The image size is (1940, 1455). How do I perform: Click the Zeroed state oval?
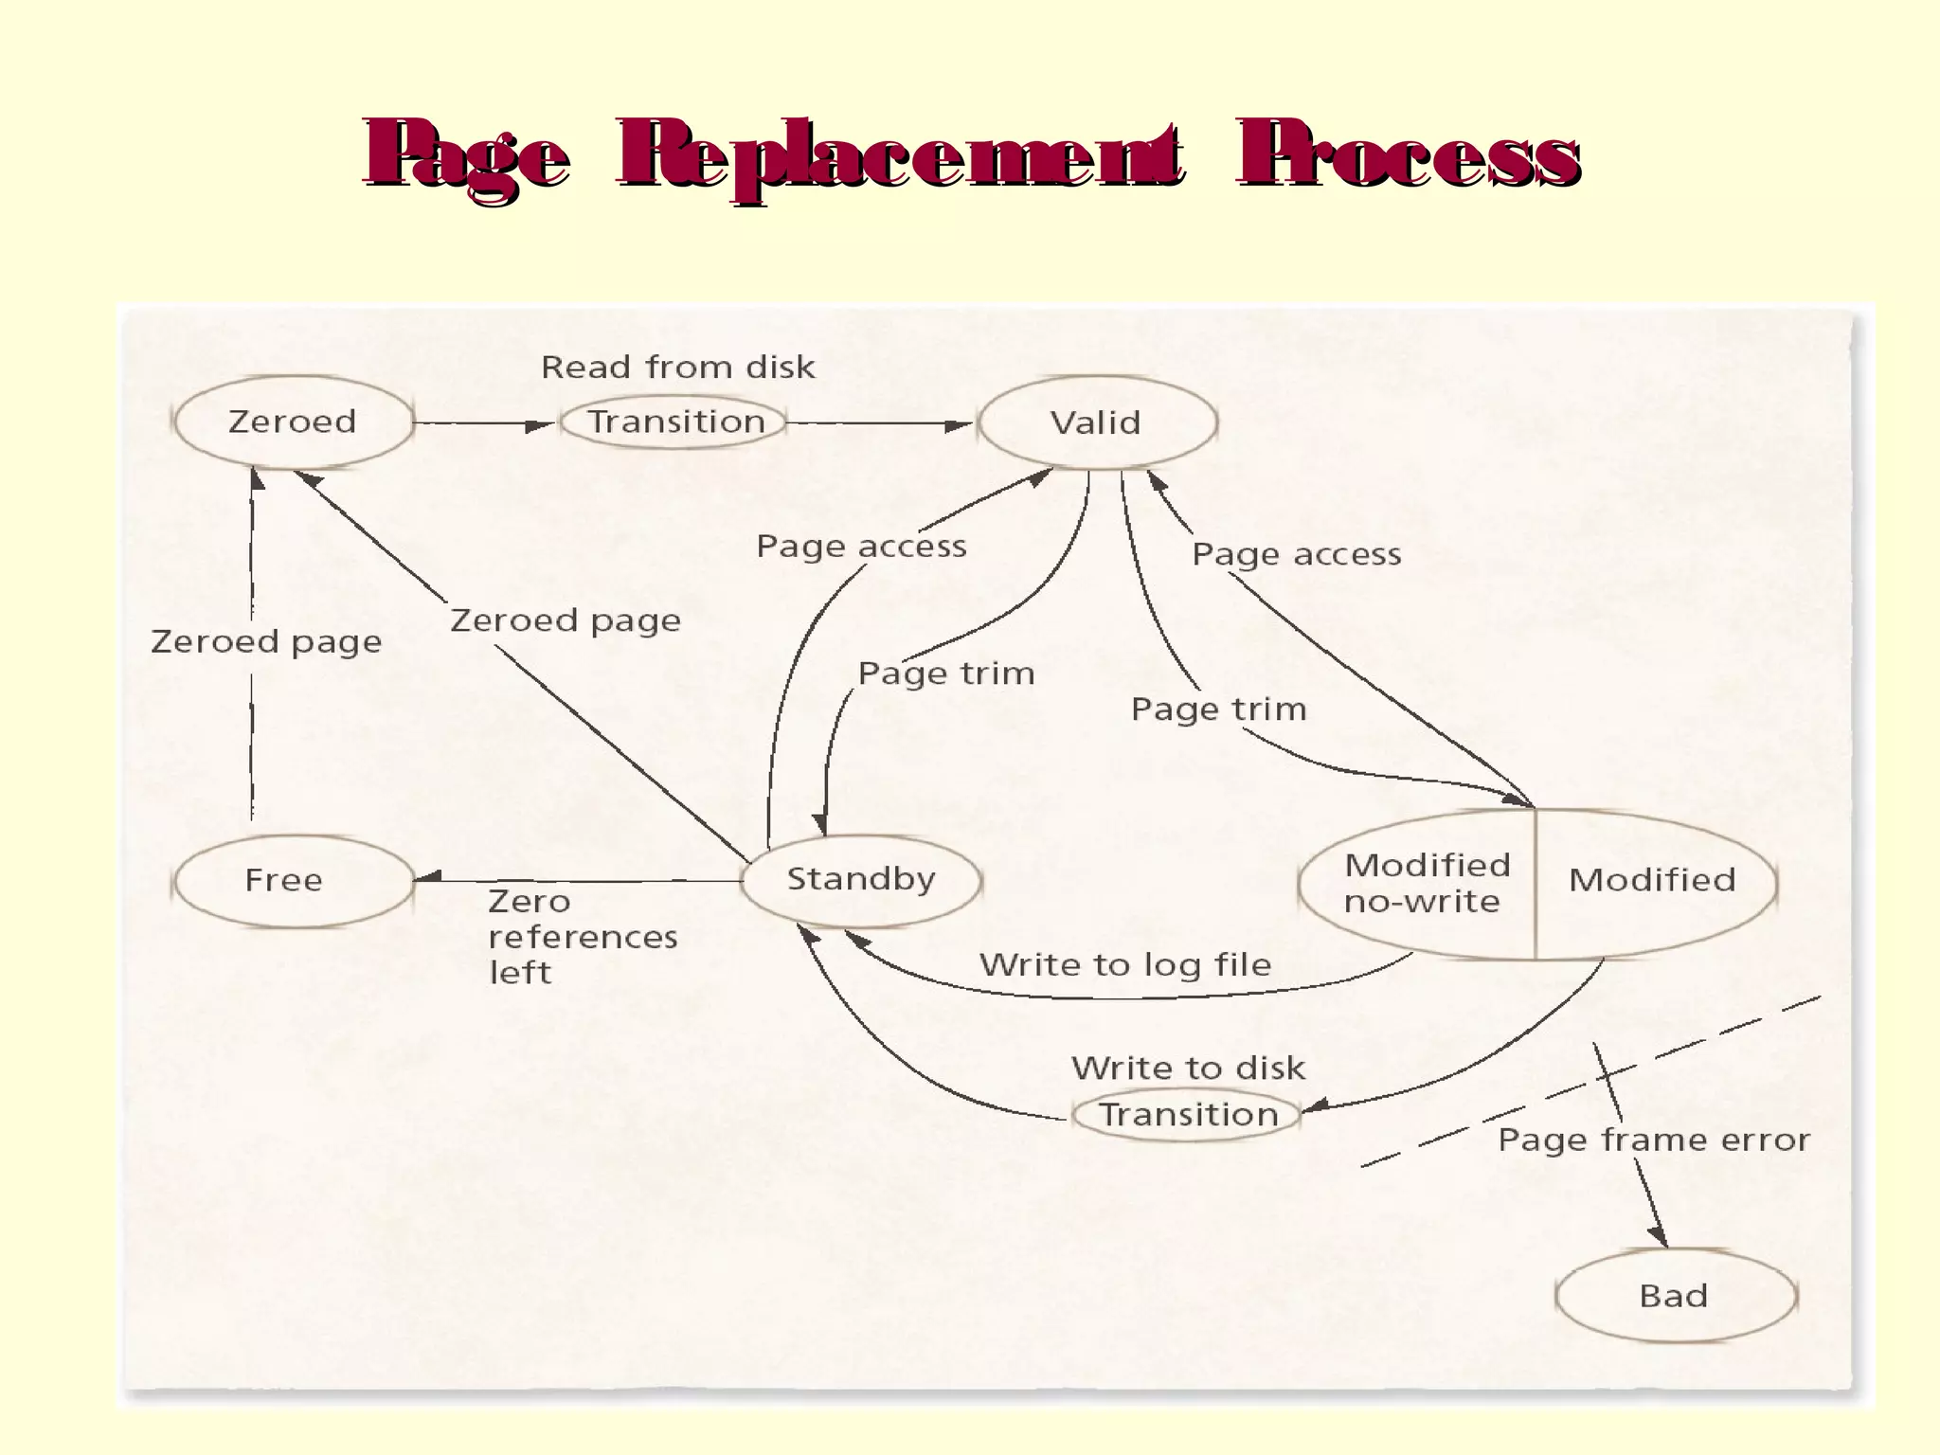293,422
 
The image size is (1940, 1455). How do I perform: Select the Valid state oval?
1097,422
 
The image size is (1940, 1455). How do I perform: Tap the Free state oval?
293,881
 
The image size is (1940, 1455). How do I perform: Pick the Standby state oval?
861,880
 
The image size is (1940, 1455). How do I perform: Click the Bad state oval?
1675,1296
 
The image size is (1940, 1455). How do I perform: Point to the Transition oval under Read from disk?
674,422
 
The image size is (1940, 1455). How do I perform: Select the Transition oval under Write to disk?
1188,1115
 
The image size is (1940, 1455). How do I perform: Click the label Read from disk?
677,368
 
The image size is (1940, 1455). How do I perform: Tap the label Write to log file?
1124,965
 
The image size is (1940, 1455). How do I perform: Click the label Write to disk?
1188,1069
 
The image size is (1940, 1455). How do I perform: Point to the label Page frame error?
1653,1140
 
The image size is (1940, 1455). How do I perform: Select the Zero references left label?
582,937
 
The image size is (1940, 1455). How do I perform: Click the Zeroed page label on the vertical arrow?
266,642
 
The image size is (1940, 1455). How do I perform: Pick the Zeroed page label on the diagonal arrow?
566,620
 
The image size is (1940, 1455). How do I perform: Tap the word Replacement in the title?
900,156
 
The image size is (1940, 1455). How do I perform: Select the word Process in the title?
1408,156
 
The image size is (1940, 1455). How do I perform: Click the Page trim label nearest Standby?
946,674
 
